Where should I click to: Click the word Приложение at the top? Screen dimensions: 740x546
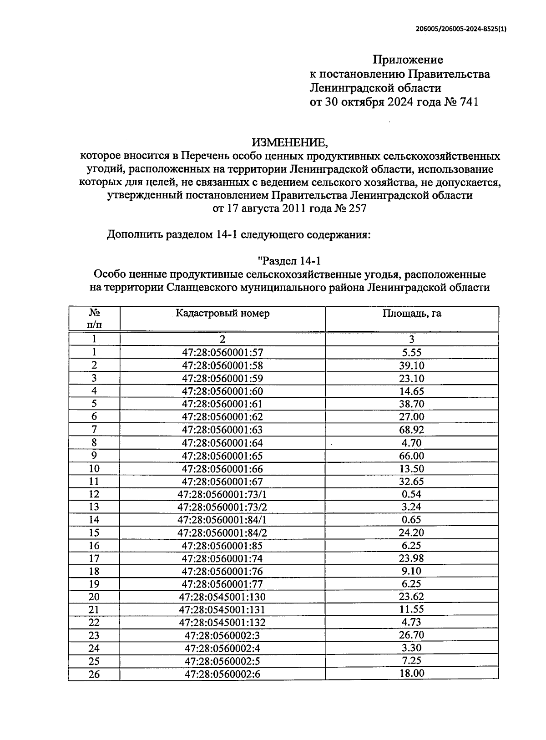[408, 60]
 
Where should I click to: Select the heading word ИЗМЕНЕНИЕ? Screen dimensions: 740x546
[290, 142]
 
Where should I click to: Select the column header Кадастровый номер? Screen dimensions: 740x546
[222, 314]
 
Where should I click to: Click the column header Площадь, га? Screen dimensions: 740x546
[412, 314]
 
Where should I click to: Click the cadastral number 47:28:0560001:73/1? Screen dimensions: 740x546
[222, 494]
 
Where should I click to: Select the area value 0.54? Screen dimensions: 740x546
[412, 494]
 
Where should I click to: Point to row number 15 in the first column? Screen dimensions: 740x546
[94, 533]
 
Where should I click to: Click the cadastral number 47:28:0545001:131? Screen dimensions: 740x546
[222, 610]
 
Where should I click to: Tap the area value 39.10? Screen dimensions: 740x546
[412, 365]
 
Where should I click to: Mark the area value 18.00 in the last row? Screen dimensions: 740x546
[412, 674]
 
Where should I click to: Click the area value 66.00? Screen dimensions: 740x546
[412, 456]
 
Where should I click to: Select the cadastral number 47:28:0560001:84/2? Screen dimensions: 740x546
[222, 533]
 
